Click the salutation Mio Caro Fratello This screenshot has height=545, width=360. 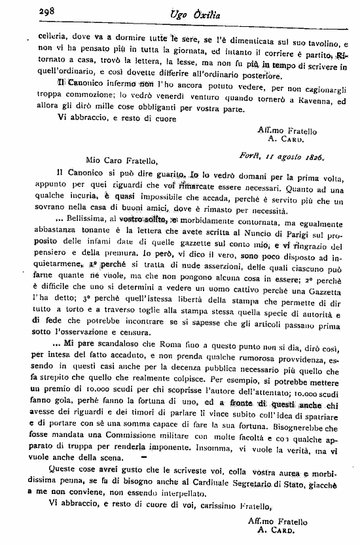pos(122,159)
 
